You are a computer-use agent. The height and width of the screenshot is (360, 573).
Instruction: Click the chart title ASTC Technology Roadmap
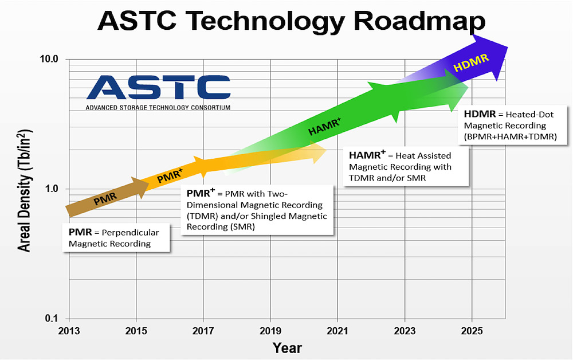pyautogui.click(x=291, y=21)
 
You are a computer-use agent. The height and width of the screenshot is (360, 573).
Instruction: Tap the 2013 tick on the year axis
pyautogui.click(x=69, y=331)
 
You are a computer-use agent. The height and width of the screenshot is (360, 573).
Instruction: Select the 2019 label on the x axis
pyautogui.click(x=270, y=331)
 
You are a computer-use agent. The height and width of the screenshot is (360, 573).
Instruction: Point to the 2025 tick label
pyautogui.click(x=472, y=331)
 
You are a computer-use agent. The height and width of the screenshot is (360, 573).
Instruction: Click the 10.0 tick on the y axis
pyautogui.click(x=49, y=59)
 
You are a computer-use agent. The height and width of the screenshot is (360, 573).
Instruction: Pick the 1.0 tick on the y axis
pyautogui.click(x=52, y=189)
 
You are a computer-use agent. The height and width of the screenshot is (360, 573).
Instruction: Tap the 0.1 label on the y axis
pyautogui.click(x=52, y=318)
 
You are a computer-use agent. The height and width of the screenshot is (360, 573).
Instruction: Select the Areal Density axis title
pyautogui.click(x=25, y=190)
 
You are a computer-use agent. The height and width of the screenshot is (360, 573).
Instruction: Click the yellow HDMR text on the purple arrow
pyautogui.click(x=471, y=63)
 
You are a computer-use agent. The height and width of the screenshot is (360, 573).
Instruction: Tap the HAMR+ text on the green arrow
pyautogui.click(x=324, y=127)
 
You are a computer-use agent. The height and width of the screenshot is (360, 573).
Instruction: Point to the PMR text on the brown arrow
pyautogui.click(x=105, y=199)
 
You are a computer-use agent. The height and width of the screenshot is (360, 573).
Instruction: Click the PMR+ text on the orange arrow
pyautogui.click(x=170, y=176)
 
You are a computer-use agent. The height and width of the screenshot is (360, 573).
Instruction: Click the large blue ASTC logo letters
pyautogui.click(x=159, y=87)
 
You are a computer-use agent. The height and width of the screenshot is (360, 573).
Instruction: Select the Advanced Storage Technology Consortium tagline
pyautogui.click(x=158, y=107)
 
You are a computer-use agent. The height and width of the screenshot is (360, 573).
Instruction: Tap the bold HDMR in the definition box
pyautogui.click(x=480, y=114)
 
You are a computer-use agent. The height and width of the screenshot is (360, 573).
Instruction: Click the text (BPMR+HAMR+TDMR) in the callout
pyautogui.click(x=510, y=136)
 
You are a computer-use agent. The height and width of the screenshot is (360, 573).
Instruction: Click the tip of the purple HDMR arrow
pyautogui.click(x=508, y=47)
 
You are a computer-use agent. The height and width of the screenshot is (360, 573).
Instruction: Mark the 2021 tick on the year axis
pyautogui.click(x=337, y=331)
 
